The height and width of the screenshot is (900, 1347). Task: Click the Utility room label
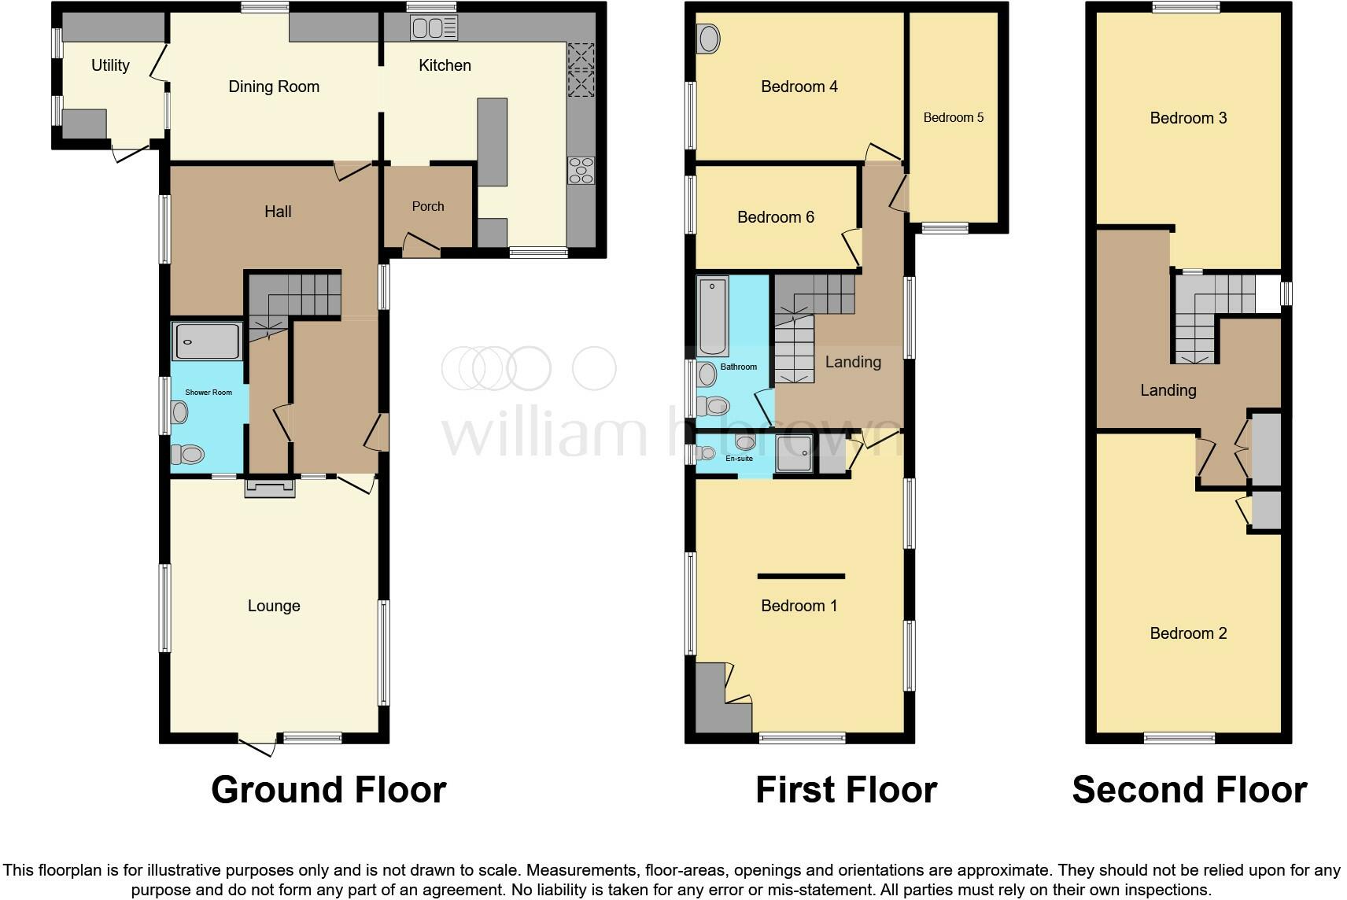[110, 65]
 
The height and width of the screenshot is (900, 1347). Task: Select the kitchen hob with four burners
[581, 170]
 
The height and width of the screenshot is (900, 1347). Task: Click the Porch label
[428, 206]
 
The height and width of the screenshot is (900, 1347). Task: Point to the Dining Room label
[274, 87]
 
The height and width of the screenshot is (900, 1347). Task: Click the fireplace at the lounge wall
[270, 489]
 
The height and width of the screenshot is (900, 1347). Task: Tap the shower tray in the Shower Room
[207, 342]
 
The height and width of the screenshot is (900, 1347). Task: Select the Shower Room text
[209, 392]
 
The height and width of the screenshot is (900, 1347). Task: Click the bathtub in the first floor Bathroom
[714, 315]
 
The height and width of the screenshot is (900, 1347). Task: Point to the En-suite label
[739, 458]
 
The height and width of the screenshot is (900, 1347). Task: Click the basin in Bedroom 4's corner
[709, 39]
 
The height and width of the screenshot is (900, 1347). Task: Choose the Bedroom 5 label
[953, 117]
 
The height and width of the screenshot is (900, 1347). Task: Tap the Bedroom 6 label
[775, 217]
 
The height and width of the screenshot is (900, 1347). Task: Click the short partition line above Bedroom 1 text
[801, 576]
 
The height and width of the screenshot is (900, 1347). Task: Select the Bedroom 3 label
[1187, 118]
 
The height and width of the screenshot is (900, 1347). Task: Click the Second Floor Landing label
[1168, 390]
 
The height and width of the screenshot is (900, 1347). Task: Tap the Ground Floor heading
[328, 789]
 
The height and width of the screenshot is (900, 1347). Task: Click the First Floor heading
[846, 789]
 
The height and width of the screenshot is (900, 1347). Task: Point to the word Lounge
[274, 606]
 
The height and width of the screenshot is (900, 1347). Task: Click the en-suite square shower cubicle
[795, 454]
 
